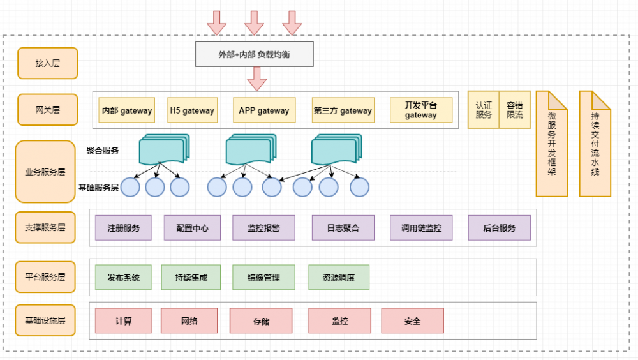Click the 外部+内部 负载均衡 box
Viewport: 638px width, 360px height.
click(254, 54)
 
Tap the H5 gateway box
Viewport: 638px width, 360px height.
click(192, 110)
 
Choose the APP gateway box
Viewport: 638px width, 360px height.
click(264, 110)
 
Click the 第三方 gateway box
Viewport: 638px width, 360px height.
click(343, 110)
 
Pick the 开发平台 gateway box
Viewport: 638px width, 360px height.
click(421, 110)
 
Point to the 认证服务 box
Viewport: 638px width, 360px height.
click(484, 110)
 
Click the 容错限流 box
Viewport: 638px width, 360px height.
click(514, 110)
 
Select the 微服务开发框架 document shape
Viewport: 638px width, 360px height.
click(551, 144)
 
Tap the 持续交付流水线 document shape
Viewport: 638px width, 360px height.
click(595, 144)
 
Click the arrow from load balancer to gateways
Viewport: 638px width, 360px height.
click(256, 79)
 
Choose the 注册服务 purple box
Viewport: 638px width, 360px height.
click(124, 228)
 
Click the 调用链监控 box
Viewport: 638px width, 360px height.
click(421, 228)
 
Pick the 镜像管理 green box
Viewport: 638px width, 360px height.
click(263, 278)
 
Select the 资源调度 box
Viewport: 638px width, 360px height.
click(339, 278)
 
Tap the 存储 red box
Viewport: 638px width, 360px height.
click(261, 321)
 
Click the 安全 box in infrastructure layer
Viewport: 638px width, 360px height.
click(412, 321)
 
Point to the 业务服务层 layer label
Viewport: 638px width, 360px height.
click(45, 172)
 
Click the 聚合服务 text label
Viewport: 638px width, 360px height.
click(103, 151)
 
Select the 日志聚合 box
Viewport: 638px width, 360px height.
click(343, 228)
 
